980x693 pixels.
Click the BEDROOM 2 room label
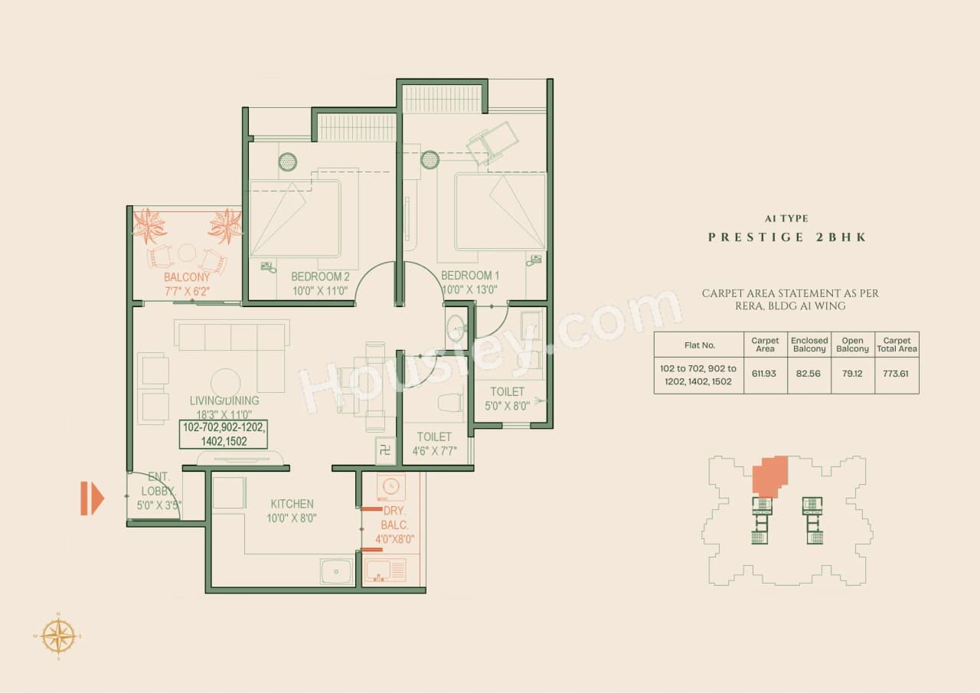pos(320,276)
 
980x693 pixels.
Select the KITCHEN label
pos(292,504)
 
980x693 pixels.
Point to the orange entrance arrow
pos(92,499)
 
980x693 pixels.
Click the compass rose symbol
pos(59,636)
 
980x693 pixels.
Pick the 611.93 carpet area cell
pos(765,374)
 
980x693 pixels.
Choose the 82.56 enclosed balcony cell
pos(809,374)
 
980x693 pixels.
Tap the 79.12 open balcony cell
pos(852,374)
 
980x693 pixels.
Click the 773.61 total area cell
pos(897,374)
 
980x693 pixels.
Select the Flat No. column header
pos(698,345)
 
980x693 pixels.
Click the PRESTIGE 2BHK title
pos(787,237)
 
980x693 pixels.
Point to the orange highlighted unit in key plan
pos(769,477)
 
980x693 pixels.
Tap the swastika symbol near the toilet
pos(386,450)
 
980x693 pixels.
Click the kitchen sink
pos(337,570)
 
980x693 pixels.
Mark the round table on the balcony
pos(188,253)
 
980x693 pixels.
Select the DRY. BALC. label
pos(396,518)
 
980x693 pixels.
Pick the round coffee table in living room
pos(226,383)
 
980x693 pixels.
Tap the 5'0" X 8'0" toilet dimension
pos(508,406)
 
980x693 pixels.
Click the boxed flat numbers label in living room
pos(224,434)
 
